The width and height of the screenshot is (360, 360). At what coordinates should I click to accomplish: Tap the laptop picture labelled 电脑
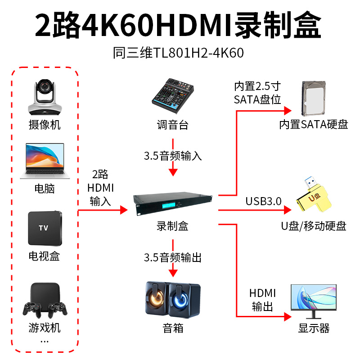click(45, 161)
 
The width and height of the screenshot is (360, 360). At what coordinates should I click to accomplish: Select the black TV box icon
click(45, 228)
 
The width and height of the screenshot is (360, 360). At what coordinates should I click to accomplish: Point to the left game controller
click(32, 309)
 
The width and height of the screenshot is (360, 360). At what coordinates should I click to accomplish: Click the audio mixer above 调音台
click(173, 96)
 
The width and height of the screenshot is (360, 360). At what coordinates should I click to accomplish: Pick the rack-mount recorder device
click(173, 204)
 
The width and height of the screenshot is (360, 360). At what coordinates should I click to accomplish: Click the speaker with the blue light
click(185, 300)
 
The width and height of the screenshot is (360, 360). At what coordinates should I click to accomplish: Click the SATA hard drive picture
click(314, 99)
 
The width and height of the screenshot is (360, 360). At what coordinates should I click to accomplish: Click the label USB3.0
click(263, 201)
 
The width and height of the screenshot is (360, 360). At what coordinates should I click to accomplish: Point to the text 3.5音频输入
click(173, 156)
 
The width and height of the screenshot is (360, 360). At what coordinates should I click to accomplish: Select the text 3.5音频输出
click(173, 257)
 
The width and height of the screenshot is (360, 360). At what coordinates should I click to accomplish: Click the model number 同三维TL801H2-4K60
click(178, 53)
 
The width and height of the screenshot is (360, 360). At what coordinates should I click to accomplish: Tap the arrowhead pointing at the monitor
click(288, 317)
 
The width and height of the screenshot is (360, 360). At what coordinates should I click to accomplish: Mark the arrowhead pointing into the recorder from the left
click(124, 210)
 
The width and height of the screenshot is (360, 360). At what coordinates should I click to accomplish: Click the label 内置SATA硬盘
click(314, 125)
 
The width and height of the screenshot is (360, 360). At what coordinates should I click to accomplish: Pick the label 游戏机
click(45, 328)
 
